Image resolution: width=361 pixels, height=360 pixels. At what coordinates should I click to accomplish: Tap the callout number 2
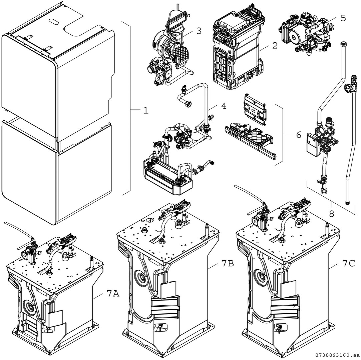point(274,46)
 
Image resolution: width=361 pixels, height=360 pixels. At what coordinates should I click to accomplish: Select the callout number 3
point(199,31)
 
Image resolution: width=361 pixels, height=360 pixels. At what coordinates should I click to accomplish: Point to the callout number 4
point(223,106)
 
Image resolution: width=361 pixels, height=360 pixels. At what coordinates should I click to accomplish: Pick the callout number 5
point(343,18)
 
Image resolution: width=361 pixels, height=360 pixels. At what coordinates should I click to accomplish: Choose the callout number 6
point(298,135)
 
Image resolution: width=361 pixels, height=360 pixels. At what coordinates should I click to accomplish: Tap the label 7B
point(227,263)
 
